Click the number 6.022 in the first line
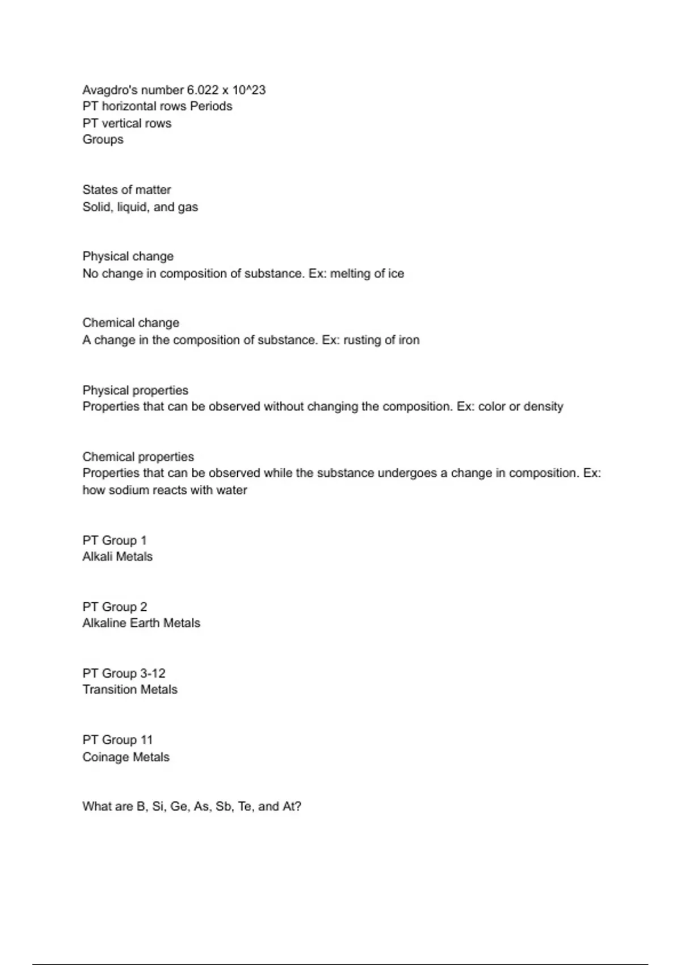(203, 90)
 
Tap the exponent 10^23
(249, 90)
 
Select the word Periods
(211, 106)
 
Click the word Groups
(103, 140)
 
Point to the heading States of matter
(127, 190)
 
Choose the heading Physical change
(128, 257)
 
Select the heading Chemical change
(131, 323)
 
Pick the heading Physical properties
(135, 391)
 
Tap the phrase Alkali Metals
(117, 556)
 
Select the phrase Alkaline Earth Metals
(141, 623)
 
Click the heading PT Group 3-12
(124, 673)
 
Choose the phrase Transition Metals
(130, 689)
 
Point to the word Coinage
(106, 757)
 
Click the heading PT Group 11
(117, 740)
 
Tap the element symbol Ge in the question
(178, 807)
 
